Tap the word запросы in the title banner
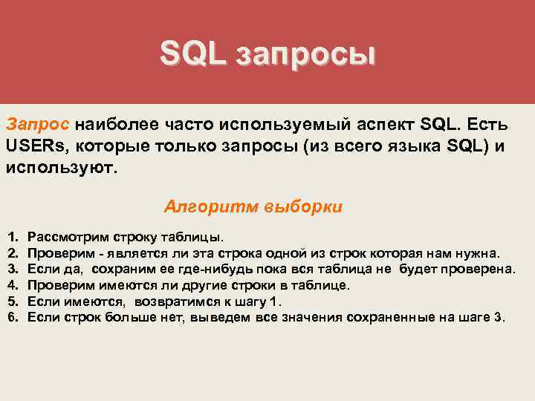(x=305, y=54)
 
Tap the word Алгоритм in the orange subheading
(x=210, y=206)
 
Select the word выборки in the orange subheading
(x=303, y=206)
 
